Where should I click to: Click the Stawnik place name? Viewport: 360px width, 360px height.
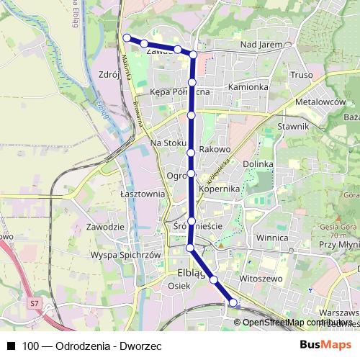(x=293, y=127)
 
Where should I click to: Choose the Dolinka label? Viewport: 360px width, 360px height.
(x=257, y=164)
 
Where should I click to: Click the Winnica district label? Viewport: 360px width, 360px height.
(x=272, y=237)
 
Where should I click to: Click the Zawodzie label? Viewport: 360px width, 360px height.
(x=105, y=227)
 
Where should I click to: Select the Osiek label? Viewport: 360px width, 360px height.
(x=178, y=286)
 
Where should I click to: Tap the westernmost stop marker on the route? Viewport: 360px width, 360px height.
(x=127, y=37)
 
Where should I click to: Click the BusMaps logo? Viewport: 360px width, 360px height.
(x=325, y=344)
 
